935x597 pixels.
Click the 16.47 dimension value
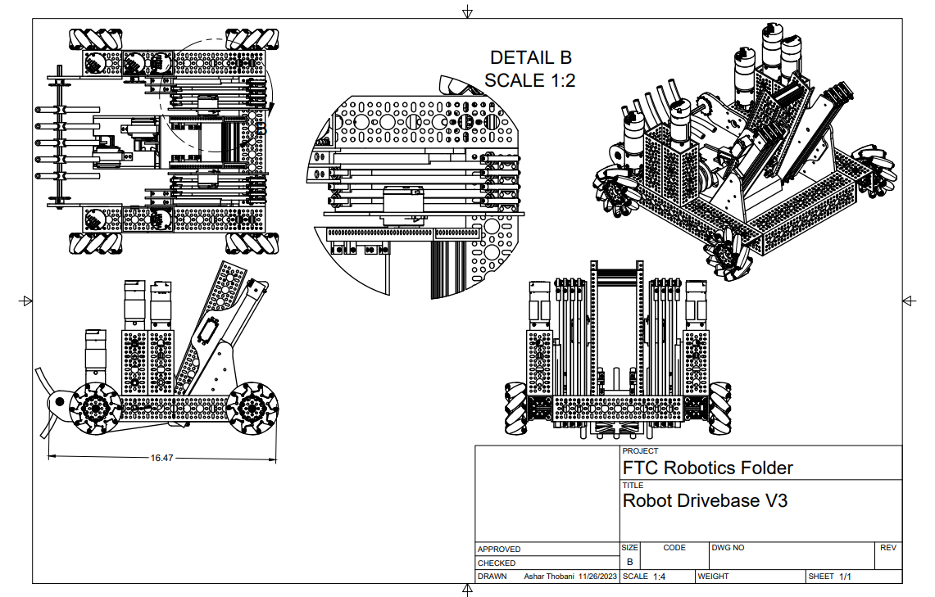161,458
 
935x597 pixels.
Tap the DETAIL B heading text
530,57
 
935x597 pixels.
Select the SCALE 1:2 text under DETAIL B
530,80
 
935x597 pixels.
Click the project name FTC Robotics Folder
708,468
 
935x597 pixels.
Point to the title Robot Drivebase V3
705,500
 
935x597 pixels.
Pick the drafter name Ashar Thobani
549,577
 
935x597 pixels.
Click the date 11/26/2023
598,577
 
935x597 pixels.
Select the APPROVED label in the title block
499,549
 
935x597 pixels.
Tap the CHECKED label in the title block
497,563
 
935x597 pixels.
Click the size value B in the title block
629,562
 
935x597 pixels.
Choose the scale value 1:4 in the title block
659,577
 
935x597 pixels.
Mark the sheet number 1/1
845,577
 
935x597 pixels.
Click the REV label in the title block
888,547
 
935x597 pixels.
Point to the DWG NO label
728,547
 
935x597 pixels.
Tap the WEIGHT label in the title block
713,577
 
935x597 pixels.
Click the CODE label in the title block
674,547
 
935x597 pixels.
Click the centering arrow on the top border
467,11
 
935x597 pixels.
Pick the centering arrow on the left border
25,301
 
